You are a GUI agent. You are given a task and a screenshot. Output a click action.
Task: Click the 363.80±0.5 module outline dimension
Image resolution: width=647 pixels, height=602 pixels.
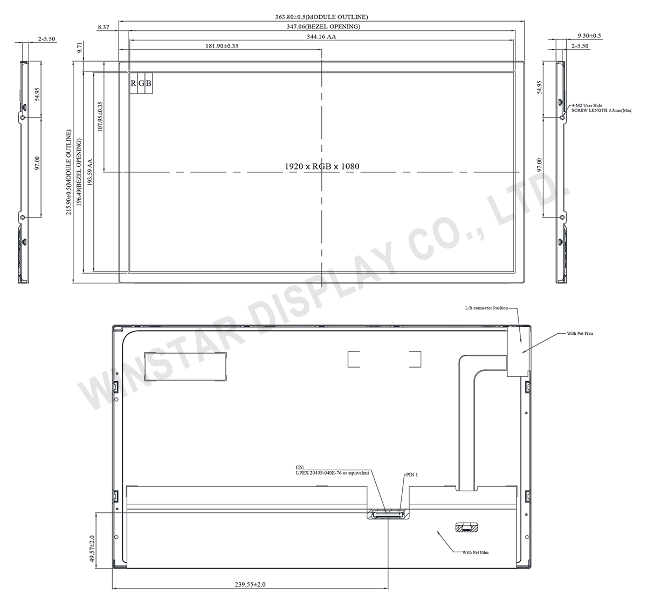pos(322,17)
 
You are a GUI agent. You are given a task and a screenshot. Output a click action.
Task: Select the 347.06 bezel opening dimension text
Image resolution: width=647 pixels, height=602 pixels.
pos(322,26)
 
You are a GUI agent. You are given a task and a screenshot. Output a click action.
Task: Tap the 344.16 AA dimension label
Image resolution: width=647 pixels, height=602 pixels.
pos(321,36)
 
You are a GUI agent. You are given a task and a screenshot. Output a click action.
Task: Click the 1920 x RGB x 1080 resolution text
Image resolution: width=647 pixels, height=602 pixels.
pos(322,166)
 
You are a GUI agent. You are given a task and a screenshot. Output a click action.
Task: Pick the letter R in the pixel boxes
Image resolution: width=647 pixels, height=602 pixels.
pos(133,83)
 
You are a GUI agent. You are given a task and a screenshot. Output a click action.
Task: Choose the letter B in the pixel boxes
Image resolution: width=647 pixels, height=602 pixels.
pos(149,83)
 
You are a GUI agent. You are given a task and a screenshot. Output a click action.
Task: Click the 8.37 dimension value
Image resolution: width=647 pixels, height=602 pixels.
pos(105,26)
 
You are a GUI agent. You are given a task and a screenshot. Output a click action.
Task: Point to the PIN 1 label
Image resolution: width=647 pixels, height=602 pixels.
pos(412,475)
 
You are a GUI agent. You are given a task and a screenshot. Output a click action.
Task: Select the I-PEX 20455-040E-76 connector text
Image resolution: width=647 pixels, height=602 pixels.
pos(332,472)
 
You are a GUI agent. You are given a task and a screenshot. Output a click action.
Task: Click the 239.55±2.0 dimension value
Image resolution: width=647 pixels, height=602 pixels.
pos(250,584)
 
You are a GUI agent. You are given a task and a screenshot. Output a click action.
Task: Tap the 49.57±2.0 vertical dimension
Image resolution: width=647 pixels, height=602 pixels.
pos(92,550)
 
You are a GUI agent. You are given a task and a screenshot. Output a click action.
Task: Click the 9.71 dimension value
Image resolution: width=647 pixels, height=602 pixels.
pos(80,50)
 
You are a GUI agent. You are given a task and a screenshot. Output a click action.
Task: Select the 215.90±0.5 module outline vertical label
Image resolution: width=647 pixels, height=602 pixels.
pos(69,172)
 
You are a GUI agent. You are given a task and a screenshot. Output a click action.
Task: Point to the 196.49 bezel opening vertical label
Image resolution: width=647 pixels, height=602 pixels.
pos(79,172)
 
